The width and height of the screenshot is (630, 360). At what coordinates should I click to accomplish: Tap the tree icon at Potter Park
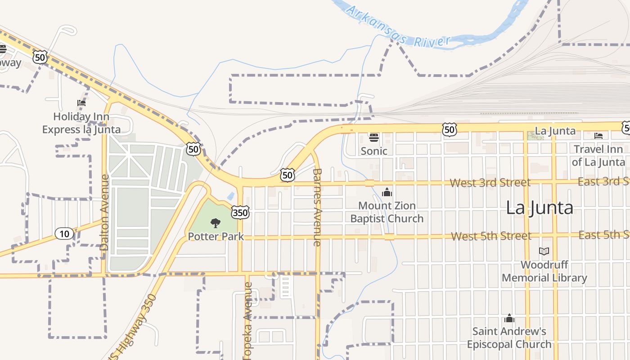216,222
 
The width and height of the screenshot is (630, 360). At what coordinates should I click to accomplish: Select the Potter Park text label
216,236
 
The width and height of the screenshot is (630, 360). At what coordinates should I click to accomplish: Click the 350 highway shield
241,212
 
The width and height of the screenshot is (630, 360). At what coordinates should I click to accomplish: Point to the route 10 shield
64,233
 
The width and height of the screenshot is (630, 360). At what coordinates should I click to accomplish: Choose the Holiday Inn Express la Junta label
81,123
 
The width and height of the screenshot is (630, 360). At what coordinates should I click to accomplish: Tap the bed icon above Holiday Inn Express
81,103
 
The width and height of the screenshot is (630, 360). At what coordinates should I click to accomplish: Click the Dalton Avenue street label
105,219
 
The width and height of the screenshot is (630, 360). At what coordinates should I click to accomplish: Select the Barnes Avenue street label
317,207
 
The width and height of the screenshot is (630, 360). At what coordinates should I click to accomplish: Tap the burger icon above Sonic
374,137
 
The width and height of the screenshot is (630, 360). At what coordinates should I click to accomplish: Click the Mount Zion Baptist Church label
387,212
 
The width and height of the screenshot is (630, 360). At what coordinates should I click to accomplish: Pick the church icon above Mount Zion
387,193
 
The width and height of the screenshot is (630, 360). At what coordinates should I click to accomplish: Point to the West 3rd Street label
490,183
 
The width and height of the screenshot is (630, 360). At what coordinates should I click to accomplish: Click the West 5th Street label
491,236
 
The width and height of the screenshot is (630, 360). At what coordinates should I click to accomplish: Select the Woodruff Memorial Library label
544,271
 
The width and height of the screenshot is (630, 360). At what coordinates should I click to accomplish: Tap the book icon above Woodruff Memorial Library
544,251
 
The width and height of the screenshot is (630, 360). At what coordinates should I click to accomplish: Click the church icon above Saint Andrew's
509,319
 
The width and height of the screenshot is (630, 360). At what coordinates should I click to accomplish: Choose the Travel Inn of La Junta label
598,155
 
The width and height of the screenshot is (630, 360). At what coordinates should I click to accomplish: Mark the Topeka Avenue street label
247,320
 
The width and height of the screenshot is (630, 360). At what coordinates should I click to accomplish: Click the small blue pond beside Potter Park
231,196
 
